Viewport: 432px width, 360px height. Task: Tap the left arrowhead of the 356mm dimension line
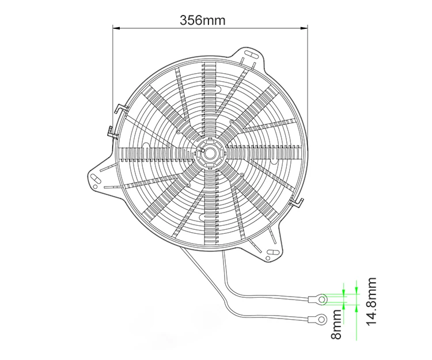tap(115, 26)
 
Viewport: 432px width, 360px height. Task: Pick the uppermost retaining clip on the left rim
tap(119, 108)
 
